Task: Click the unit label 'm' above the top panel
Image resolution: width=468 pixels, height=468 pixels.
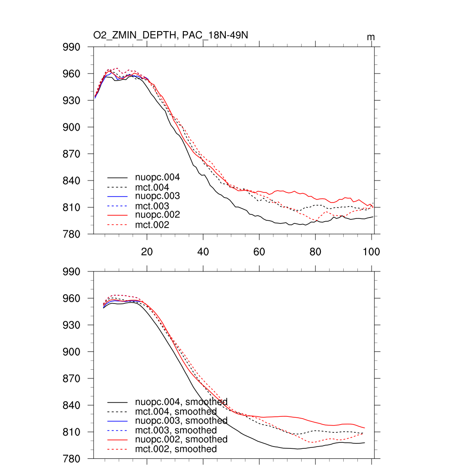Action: pyautogui.click(x=371, y=37)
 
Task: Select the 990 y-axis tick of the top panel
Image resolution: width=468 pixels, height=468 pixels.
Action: pyautogui.click(x=72, y=47)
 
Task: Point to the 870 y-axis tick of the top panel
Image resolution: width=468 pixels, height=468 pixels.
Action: pyautogui.click(x=72, y=154)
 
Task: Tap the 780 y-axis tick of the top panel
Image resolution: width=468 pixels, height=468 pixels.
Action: pyautogui.click(x=72, y=234)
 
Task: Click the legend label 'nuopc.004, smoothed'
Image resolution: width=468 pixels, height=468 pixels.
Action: pyautogui.click(x=181, y=402)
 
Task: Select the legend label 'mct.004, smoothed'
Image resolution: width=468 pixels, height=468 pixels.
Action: pyautogui.click(x=176, y=412)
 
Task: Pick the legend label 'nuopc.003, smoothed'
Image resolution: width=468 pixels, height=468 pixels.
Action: pyautogui.click(x=181, y=420)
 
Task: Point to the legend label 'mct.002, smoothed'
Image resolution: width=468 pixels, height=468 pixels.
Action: pyautogui.click(x=176, y=449)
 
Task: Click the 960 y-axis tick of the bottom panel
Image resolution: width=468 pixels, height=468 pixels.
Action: pyautogui.click(x=72, y=298)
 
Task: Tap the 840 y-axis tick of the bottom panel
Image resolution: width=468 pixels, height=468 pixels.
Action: pyautogui.click(x=72, y=405)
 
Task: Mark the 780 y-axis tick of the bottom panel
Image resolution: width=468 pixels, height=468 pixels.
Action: pyautogui.click(x=72, y=459)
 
